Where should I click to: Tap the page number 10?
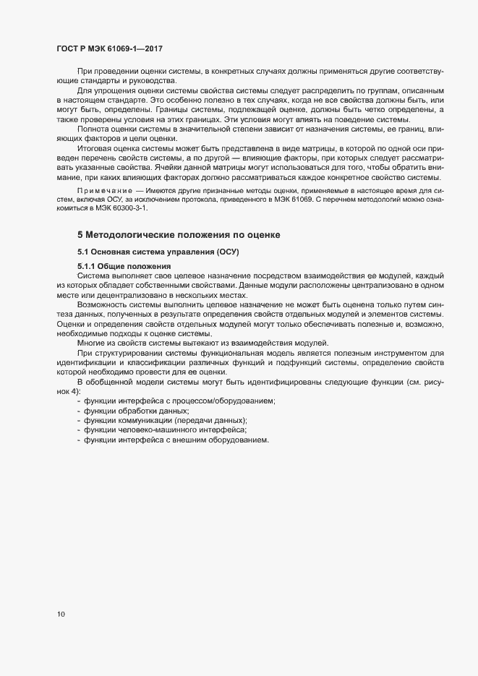[61, 615]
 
